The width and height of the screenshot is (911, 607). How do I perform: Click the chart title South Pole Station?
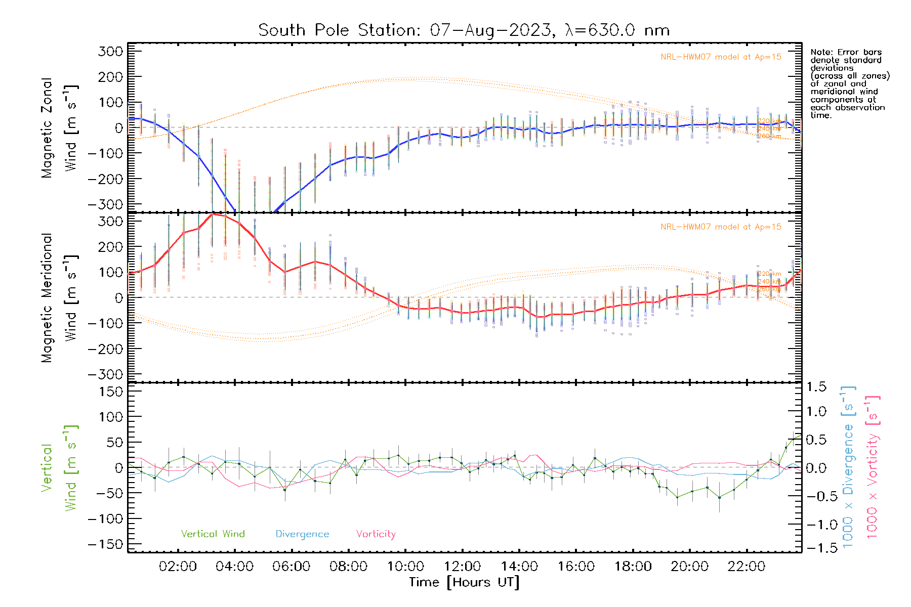(x=464, y=30)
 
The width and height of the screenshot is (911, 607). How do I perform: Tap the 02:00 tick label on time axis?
(x=178, y=567)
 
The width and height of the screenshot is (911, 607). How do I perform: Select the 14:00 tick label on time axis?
(x=519, y=567)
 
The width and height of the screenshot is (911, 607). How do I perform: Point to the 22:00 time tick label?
(x=747, y=567)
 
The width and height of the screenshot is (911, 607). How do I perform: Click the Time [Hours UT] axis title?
(x=464, y=582)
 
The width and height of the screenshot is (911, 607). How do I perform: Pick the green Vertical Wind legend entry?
(x=213, y=534)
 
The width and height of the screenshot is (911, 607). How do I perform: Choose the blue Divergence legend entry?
(x=302, y=534)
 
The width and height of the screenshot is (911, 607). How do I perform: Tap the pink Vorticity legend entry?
(x=376, y=534)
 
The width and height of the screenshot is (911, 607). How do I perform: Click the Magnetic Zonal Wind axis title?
(x=60, y=128)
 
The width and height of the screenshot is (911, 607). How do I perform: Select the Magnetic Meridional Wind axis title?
(x=60, y=298)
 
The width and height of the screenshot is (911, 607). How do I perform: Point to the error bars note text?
(x=849, y=83)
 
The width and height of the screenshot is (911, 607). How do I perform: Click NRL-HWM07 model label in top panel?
(x=721, y=57)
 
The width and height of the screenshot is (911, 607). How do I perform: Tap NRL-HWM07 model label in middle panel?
(x=721, y=227)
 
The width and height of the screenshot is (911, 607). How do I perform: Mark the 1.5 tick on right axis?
(x=816, y=387)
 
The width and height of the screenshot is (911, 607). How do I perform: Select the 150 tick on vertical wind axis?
(x=111, y=392)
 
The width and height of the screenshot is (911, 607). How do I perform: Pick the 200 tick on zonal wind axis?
(x=111, y=77)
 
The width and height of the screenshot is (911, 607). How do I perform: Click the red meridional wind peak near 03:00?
(x=213, y=214)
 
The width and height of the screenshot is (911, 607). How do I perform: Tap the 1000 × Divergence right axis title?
(x=848, y=466)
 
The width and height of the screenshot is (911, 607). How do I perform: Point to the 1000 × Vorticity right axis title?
(x=873, y=466)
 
